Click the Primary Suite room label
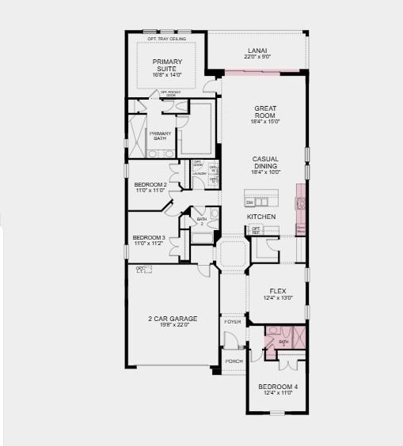pos(167,65)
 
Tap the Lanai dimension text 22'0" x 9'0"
pos(257,57)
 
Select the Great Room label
pos(264,112)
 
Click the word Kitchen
pos(260,216)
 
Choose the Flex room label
pos(277,291)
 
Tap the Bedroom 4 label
pos(277,387)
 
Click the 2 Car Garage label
pos(172,319)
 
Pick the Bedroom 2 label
pos(149,184)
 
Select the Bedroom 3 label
pos(149,237)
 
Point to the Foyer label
pos(233,322)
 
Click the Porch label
pos(234,361)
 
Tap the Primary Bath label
pos(161,135)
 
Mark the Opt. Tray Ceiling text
pos(166,39)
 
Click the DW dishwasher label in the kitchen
pos(249,202)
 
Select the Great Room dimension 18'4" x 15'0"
pos(264,122)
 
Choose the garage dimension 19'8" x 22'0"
pos(172,325)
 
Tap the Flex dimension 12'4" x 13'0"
pos(277,297)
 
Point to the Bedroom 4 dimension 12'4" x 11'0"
pos(277,393)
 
